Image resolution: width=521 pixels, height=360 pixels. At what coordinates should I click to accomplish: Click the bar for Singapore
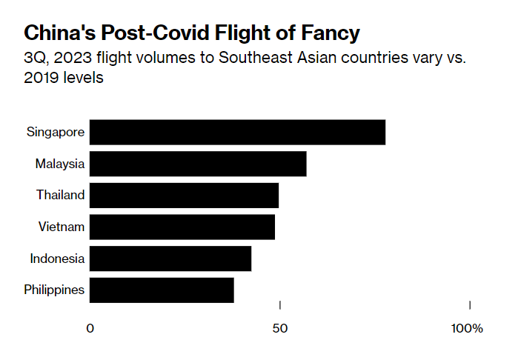pyautogui.click(x=237, y=132)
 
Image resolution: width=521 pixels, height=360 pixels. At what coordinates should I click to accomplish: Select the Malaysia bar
pyautogui.click(x=198, y=164)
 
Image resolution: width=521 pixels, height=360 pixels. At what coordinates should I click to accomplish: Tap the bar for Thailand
pyautogui.click(x=184, y=196)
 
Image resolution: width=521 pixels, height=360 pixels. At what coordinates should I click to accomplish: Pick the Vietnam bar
pyautogui.click(x=182, y=227)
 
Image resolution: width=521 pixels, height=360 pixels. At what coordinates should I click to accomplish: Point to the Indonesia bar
pyautogui.click(x=170, y=259)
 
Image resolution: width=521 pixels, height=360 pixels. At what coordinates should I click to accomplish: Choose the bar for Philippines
pyautogui.click(x=162, y=290)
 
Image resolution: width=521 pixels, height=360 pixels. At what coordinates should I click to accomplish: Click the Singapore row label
pyautogui.click(x=56, y=133)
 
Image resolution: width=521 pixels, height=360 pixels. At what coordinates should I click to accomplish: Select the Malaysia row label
pyautogui.click(x=60, y=164)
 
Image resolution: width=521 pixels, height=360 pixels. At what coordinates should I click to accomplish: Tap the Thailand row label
pyautogui.click(x=61, y=196)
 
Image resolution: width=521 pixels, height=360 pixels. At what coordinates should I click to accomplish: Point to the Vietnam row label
pyautogui.click(x=62, y=227)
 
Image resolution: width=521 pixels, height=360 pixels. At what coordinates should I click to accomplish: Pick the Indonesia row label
pyautogui.click(x=57, y=259)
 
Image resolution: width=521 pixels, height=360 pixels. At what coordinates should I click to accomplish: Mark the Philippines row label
pyautogui.click(x=54, y=290)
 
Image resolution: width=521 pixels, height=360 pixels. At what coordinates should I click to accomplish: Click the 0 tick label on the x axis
pyautogui.click(x=90, y=328)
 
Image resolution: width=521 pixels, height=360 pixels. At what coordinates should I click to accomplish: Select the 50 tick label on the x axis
pyautogui.click(x=279, y=328)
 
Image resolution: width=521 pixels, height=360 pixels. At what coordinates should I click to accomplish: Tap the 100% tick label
pyautogui.click(x=467, y=328)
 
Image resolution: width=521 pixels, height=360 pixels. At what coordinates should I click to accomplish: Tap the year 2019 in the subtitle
pyautogui.click(x=43, y=78)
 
